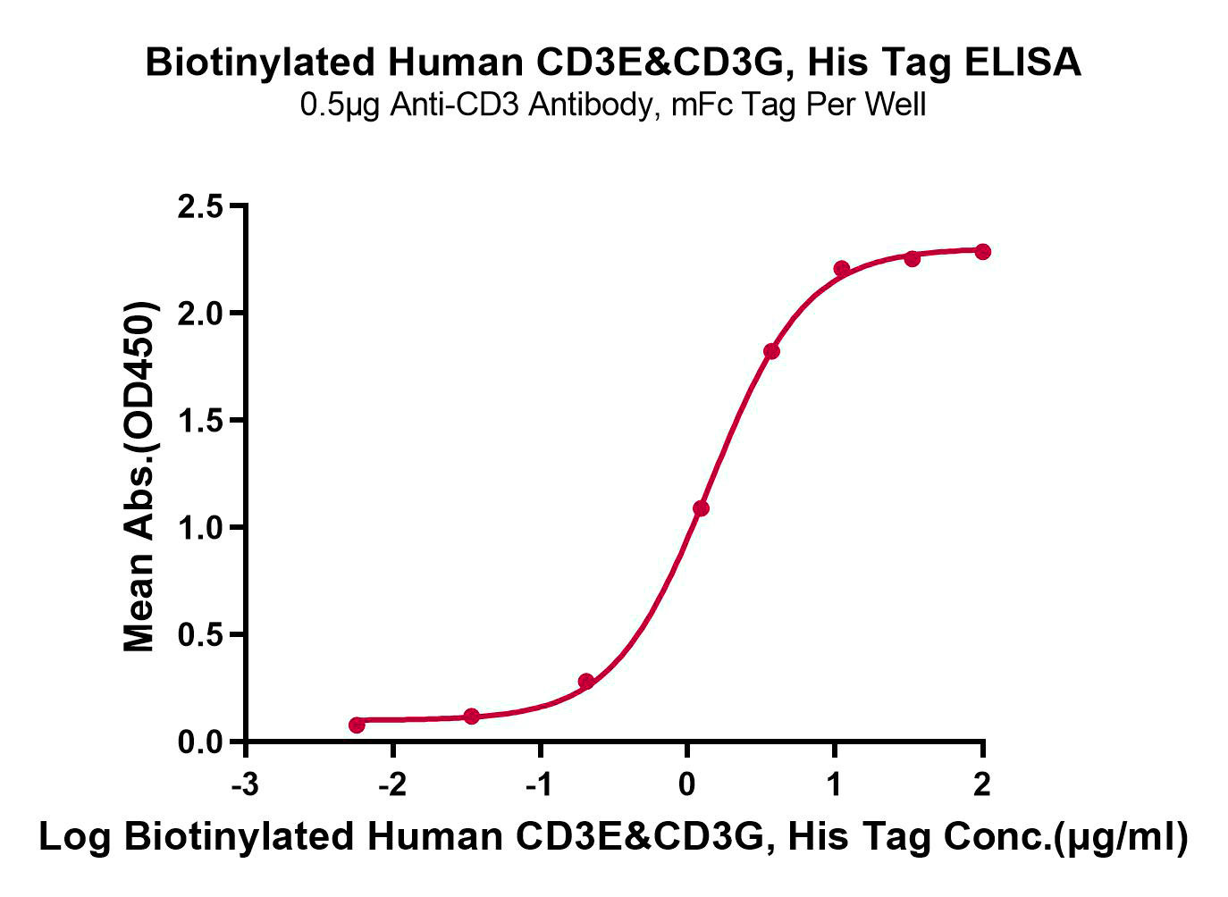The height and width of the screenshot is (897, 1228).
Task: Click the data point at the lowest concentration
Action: click(357, 725)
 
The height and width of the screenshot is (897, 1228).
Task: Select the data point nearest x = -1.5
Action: click(472, 717)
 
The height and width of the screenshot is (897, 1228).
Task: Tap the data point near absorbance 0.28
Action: click(586, 682)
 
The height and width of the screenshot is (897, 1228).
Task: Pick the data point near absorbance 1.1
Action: click(701, 508)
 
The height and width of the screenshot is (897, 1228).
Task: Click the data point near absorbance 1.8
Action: click(771, 351)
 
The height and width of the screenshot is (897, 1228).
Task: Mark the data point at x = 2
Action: click(982, 251)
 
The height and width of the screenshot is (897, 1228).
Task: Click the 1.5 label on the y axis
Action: click(201, 421)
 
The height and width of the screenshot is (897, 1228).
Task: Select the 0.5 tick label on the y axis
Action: click(201, 635)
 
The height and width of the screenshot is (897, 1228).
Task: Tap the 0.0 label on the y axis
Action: click(201, 742)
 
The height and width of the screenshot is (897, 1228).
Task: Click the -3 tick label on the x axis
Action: click(245, 785)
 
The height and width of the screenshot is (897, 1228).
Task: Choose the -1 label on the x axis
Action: click(540, 785)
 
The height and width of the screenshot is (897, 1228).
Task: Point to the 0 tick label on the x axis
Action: click(687, 785)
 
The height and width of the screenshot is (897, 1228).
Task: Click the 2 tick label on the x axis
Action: click(982, 785)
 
